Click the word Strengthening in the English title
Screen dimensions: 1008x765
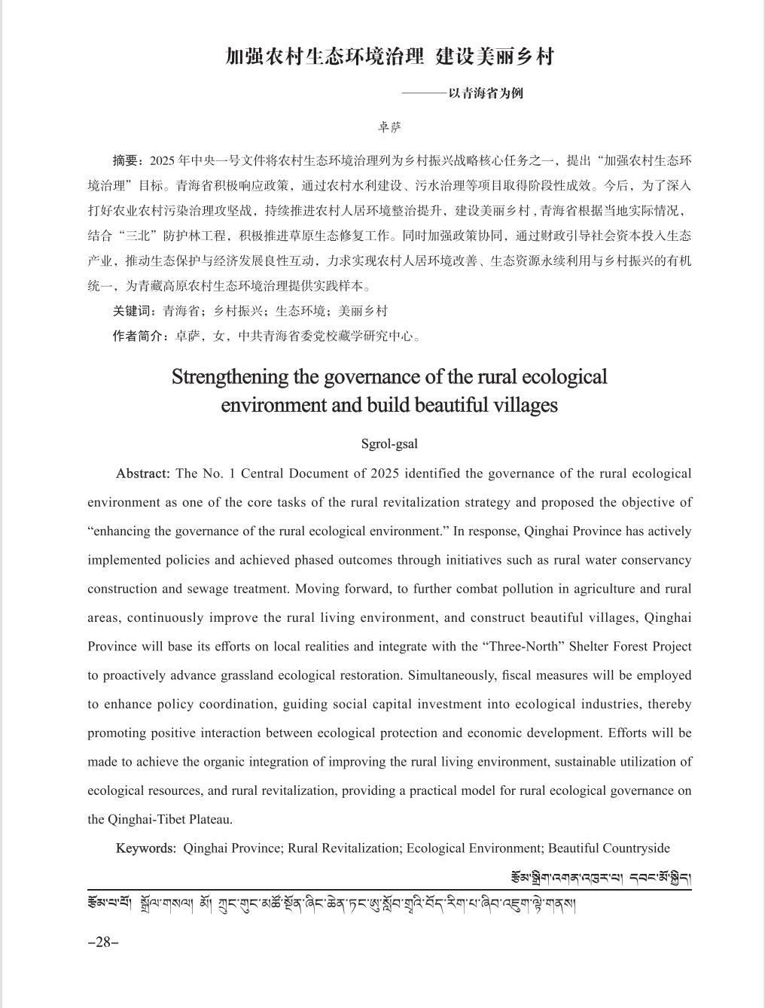pos(219,376)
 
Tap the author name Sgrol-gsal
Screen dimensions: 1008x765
pos(389,443)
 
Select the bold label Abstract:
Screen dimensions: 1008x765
pos(143,474)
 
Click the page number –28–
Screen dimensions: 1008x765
pos(103,943)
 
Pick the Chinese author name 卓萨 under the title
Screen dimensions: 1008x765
pos(389,126)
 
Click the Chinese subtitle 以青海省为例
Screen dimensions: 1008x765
pos(486,93)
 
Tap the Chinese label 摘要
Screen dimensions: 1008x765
pos(126,160)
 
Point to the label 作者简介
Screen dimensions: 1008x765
pos(139,336)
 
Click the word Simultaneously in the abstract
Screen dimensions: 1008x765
pos(450,675)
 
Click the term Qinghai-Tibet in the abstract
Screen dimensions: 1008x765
pos(145,819)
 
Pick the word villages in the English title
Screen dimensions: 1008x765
pos(526,405)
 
